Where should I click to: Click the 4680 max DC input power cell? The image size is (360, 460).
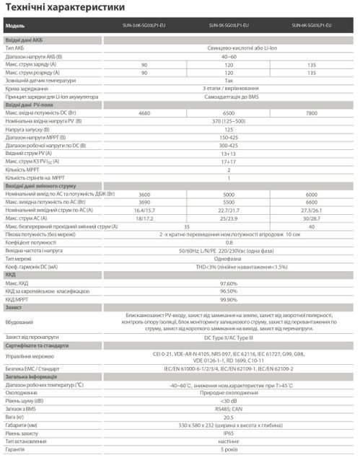[x=144, y=112]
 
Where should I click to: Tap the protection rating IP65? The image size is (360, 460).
[x=229, y=434]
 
